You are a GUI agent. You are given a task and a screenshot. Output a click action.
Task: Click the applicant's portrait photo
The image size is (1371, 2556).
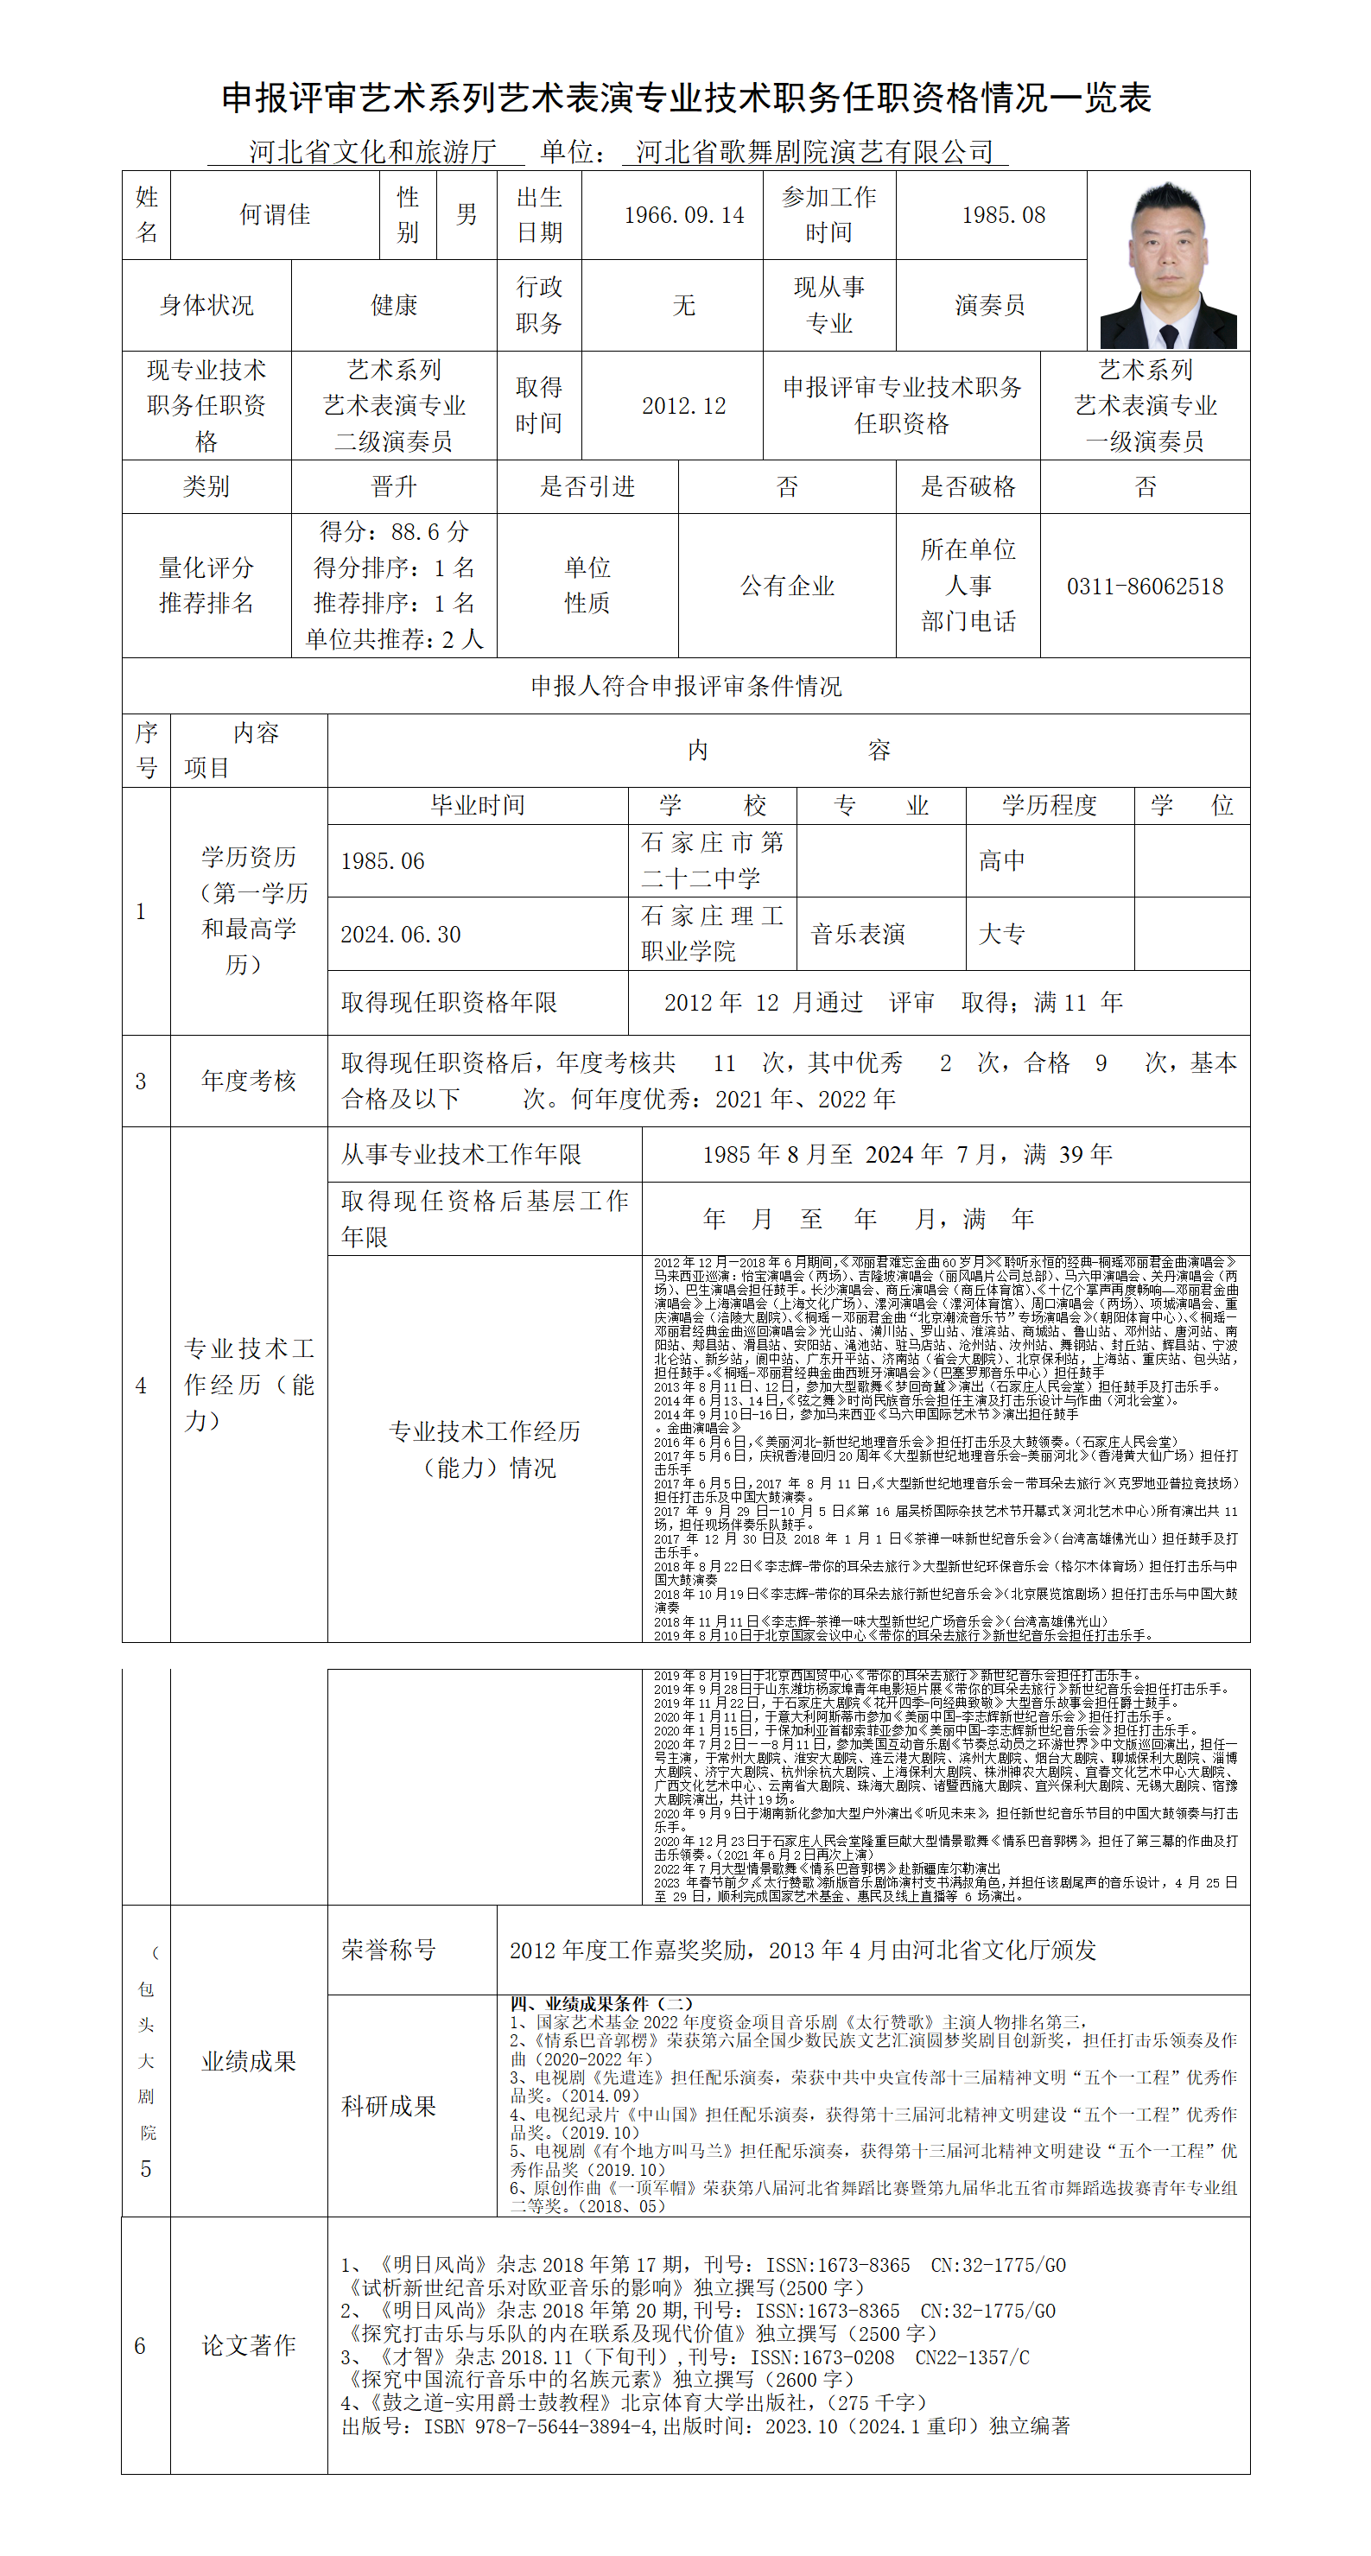pyautogui.click(x=1168, y=264)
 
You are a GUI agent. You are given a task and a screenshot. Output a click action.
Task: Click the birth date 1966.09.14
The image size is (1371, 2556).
pyautogui.click(x=683, y=215)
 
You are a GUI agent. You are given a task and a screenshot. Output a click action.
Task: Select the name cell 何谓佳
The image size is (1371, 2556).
pyautogui.click(x=275, y=215)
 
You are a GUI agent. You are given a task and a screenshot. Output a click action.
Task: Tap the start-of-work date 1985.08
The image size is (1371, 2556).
pyautogui.click(x=1003, y=215)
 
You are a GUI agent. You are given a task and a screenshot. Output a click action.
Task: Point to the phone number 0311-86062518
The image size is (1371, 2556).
pyautogui.click(x=1145, y=587)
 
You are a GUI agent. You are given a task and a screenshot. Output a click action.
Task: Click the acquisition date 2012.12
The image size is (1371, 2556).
pyautogui.click(x=683, y=406)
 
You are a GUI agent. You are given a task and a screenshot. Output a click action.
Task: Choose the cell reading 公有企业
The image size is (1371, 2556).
pyautogui.click(x=787, y=587)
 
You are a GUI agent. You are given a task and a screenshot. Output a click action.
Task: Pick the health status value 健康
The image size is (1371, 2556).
pyautogui.click(x=394, y=306)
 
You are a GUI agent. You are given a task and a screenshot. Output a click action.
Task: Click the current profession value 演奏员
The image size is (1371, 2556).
pyautogui.click(x=989, y=306)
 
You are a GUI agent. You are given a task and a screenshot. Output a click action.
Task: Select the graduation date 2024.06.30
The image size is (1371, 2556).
pyautogui.click(x=401, y=935)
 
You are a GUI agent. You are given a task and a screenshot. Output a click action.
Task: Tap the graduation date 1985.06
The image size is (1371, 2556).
pyautogui.click(x=382, y=861)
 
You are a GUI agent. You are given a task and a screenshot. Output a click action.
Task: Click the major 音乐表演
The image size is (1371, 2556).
pyautogui.click(x=857, y=935)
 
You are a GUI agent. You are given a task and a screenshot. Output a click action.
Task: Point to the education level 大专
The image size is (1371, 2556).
pyautogui.click(x=1001, y=935)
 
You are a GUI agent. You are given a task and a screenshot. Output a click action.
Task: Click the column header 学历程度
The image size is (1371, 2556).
pyautogui.click(x=1049, y=806)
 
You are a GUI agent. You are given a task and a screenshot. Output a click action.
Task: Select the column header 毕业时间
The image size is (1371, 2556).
pyautogui.click(x=477, y=806)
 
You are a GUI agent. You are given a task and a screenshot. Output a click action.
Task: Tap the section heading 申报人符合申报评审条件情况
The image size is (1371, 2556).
pyautogui.click(x=686, y=687)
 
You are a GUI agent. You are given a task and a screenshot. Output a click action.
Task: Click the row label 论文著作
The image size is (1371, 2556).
pyautogui.click(x=249, y=2345)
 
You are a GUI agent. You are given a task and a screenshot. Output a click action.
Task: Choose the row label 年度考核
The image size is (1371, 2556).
pyautogui.click(x=249, y=1081)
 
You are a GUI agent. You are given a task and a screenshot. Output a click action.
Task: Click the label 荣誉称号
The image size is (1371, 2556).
pyautogui.click(x=389, y=1950)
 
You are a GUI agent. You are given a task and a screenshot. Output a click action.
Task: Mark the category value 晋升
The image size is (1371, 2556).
pyautogui.click(x=394, y=486)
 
